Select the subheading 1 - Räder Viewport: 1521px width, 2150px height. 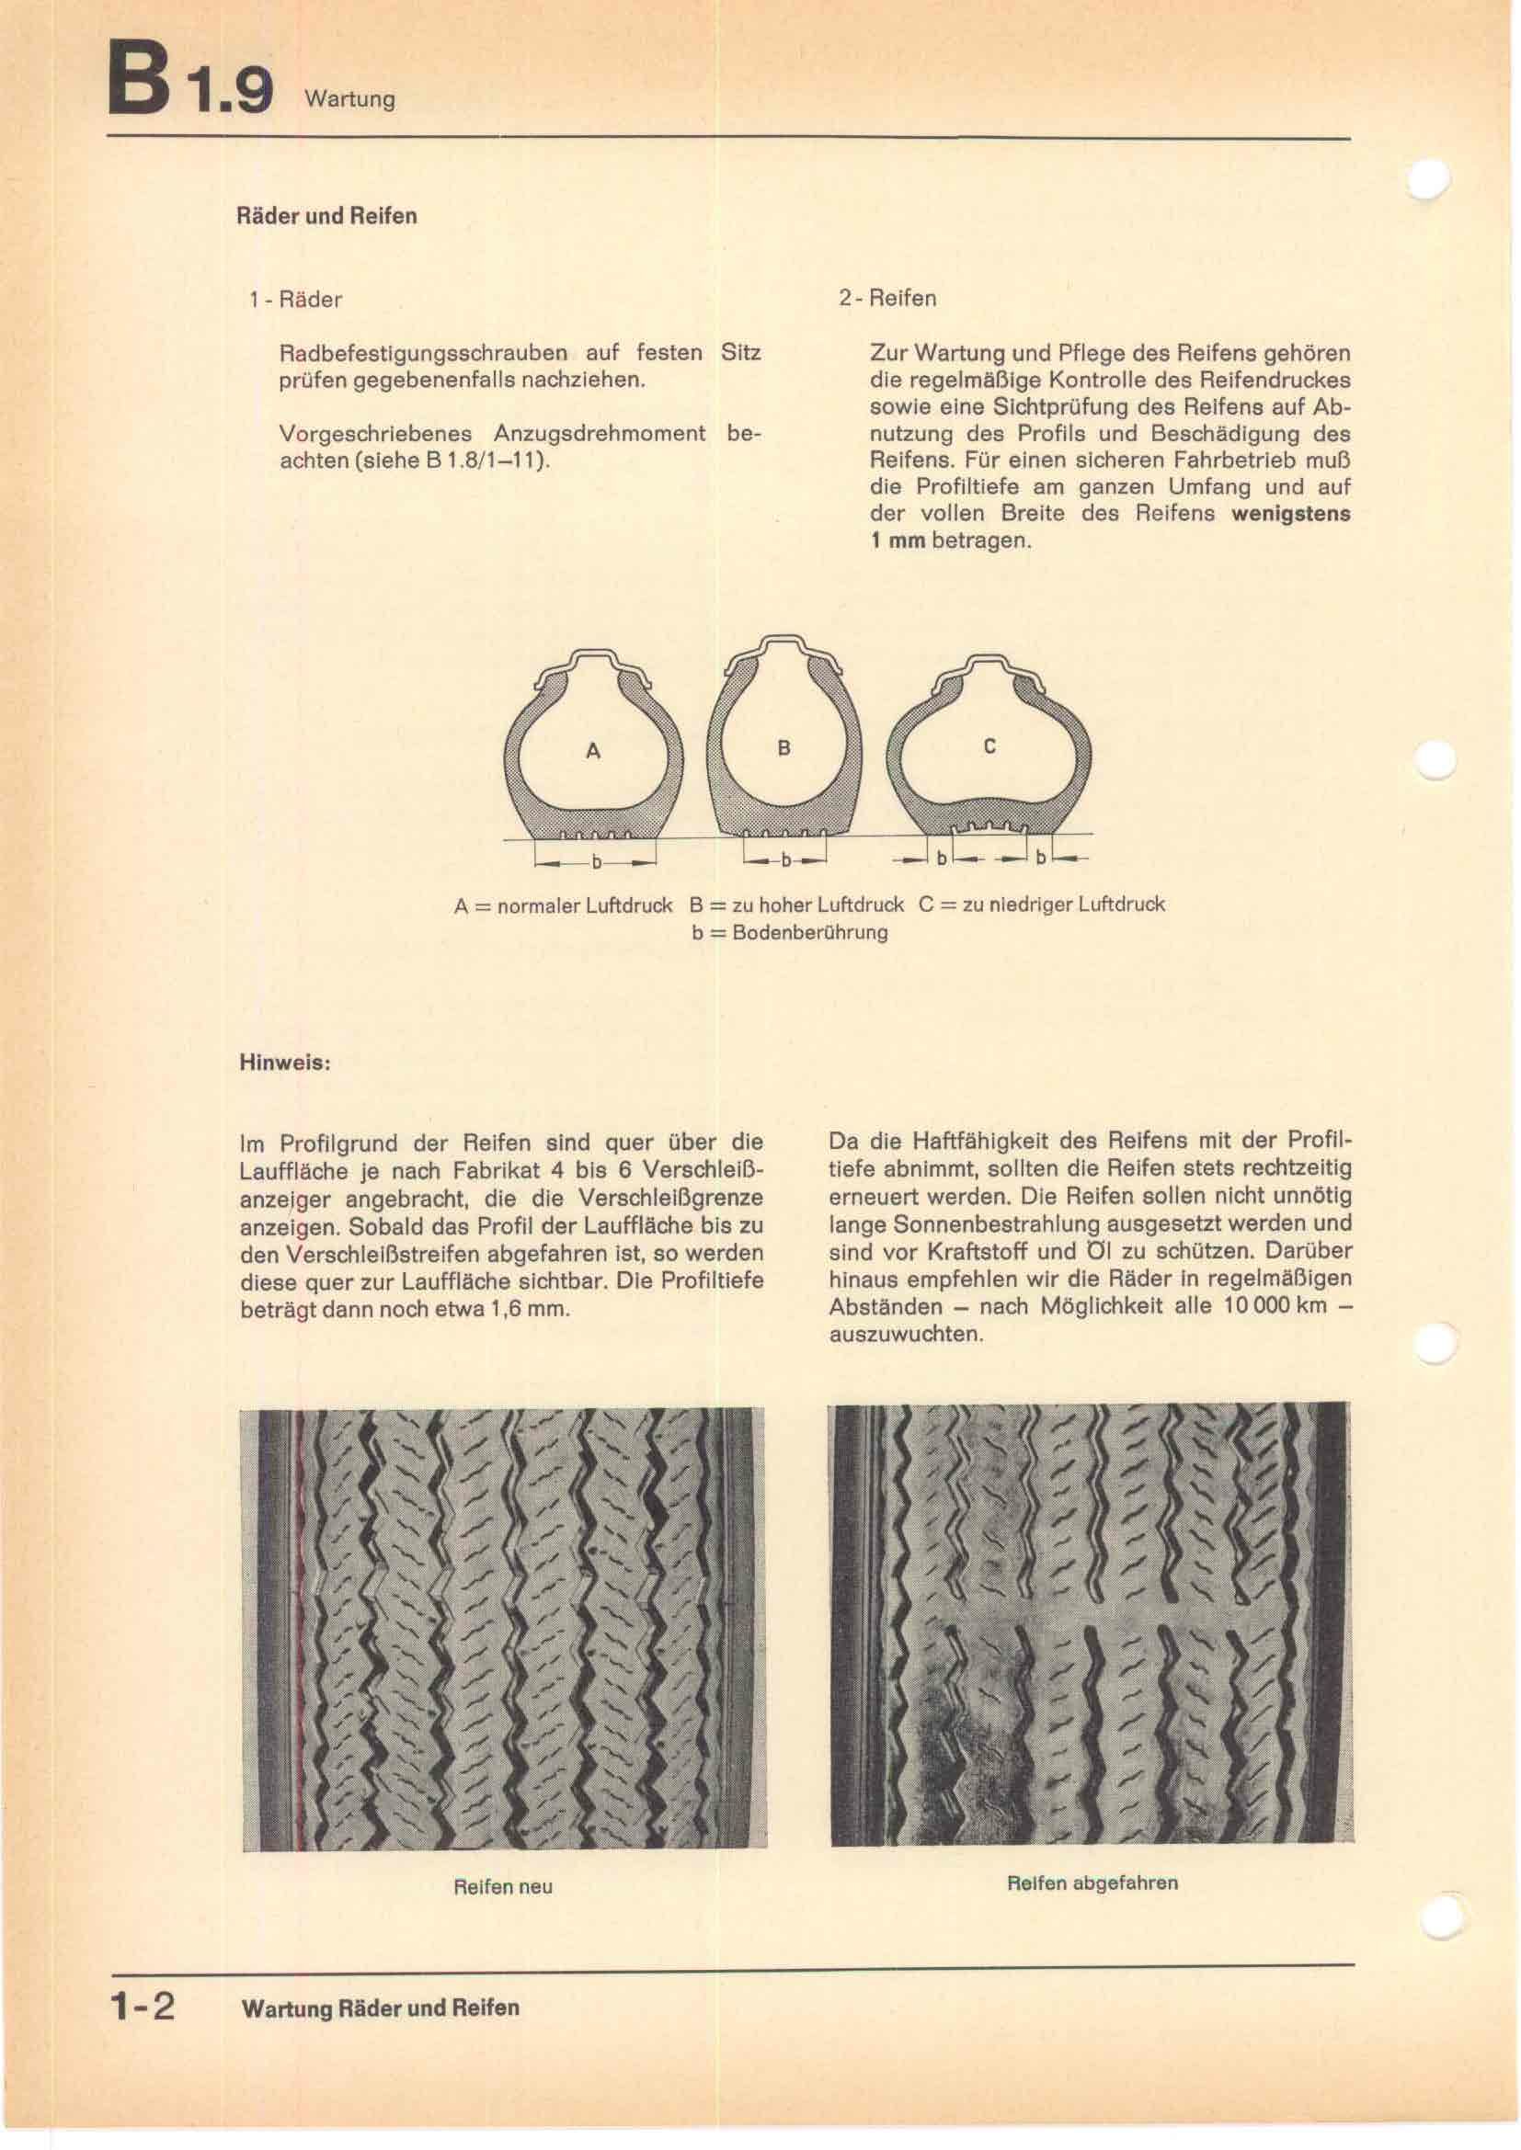pyautogui.click(x=295, y=301)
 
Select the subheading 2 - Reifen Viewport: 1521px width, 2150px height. pyautogui.click(x=886, y=299)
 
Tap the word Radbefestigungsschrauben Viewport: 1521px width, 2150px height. pyautogui.click(x=424, y=354)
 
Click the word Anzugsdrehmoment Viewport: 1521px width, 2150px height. pyautogui.click(x=600, y=435)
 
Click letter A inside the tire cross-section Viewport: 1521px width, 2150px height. pyautogui.click(x=592, y=751)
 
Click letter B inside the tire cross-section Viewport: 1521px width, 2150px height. pyautogui.click(x=783, y=748)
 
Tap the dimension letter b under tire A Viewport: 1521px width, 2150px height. pyautogui.click(x=596, y=862)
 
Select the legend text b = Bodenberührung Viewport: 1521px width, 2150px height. pyautogui.click(x=790, y=933)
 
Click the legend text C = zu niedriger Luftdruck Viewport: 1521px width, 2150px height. pyautogui.click(x=1042, y=904)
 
